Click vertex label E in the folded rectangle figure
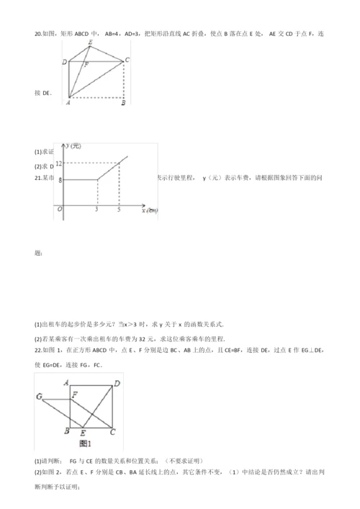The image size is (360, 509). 89,42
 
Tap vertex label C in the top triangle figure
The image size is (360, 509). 127,60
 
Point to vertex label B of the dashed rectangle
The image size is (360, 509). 124,102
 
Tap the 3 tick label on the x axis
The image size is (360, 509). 96,210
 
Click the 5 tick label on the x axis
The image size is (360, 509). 120,210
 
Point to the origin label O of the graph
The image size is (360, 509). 60,210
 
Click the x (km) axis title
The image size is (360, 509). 150,210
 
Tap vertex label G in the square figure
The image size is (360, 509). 39,397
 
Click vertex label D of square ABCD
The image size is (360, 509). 117,384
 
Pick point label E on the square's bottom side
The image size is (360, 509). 84,433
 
